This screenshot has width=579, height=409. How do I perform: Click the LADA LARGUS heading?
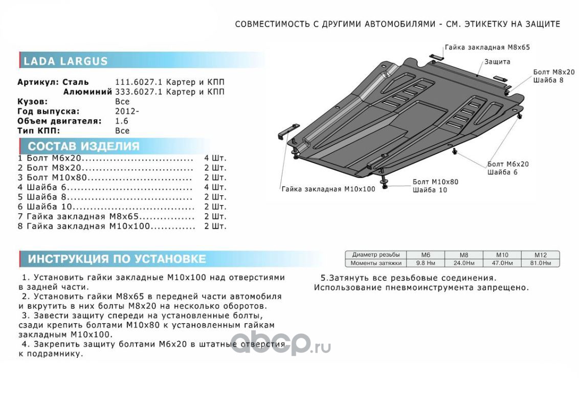[66, 61]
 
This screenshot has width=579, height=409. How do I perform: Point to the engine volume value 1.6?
[122, 121]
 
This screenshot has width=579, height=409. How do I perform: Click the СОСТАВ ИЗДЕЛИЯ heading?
[83, 147]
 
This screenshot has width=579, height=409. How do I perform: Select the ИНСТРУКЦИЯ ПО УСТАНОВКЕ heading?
[117, 259]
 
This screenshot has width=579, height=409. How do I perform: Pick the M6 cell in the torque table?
[426, 255]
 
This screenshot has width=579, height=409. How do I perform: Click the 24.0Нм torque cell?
[463, 263]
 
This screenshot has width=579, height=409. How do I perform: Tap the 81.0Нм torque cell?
[540, 263]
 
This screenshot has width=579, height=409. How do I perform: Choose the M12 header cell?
[540, 255]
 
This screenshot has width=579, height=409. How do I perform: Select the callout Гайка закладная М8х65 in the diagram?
[487, 47]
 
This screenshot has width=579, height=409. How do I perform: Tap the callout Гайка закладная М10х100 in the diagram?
[328, 189]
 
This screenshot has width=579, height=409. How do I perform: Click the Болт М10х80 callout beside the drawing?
[435, 181]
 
